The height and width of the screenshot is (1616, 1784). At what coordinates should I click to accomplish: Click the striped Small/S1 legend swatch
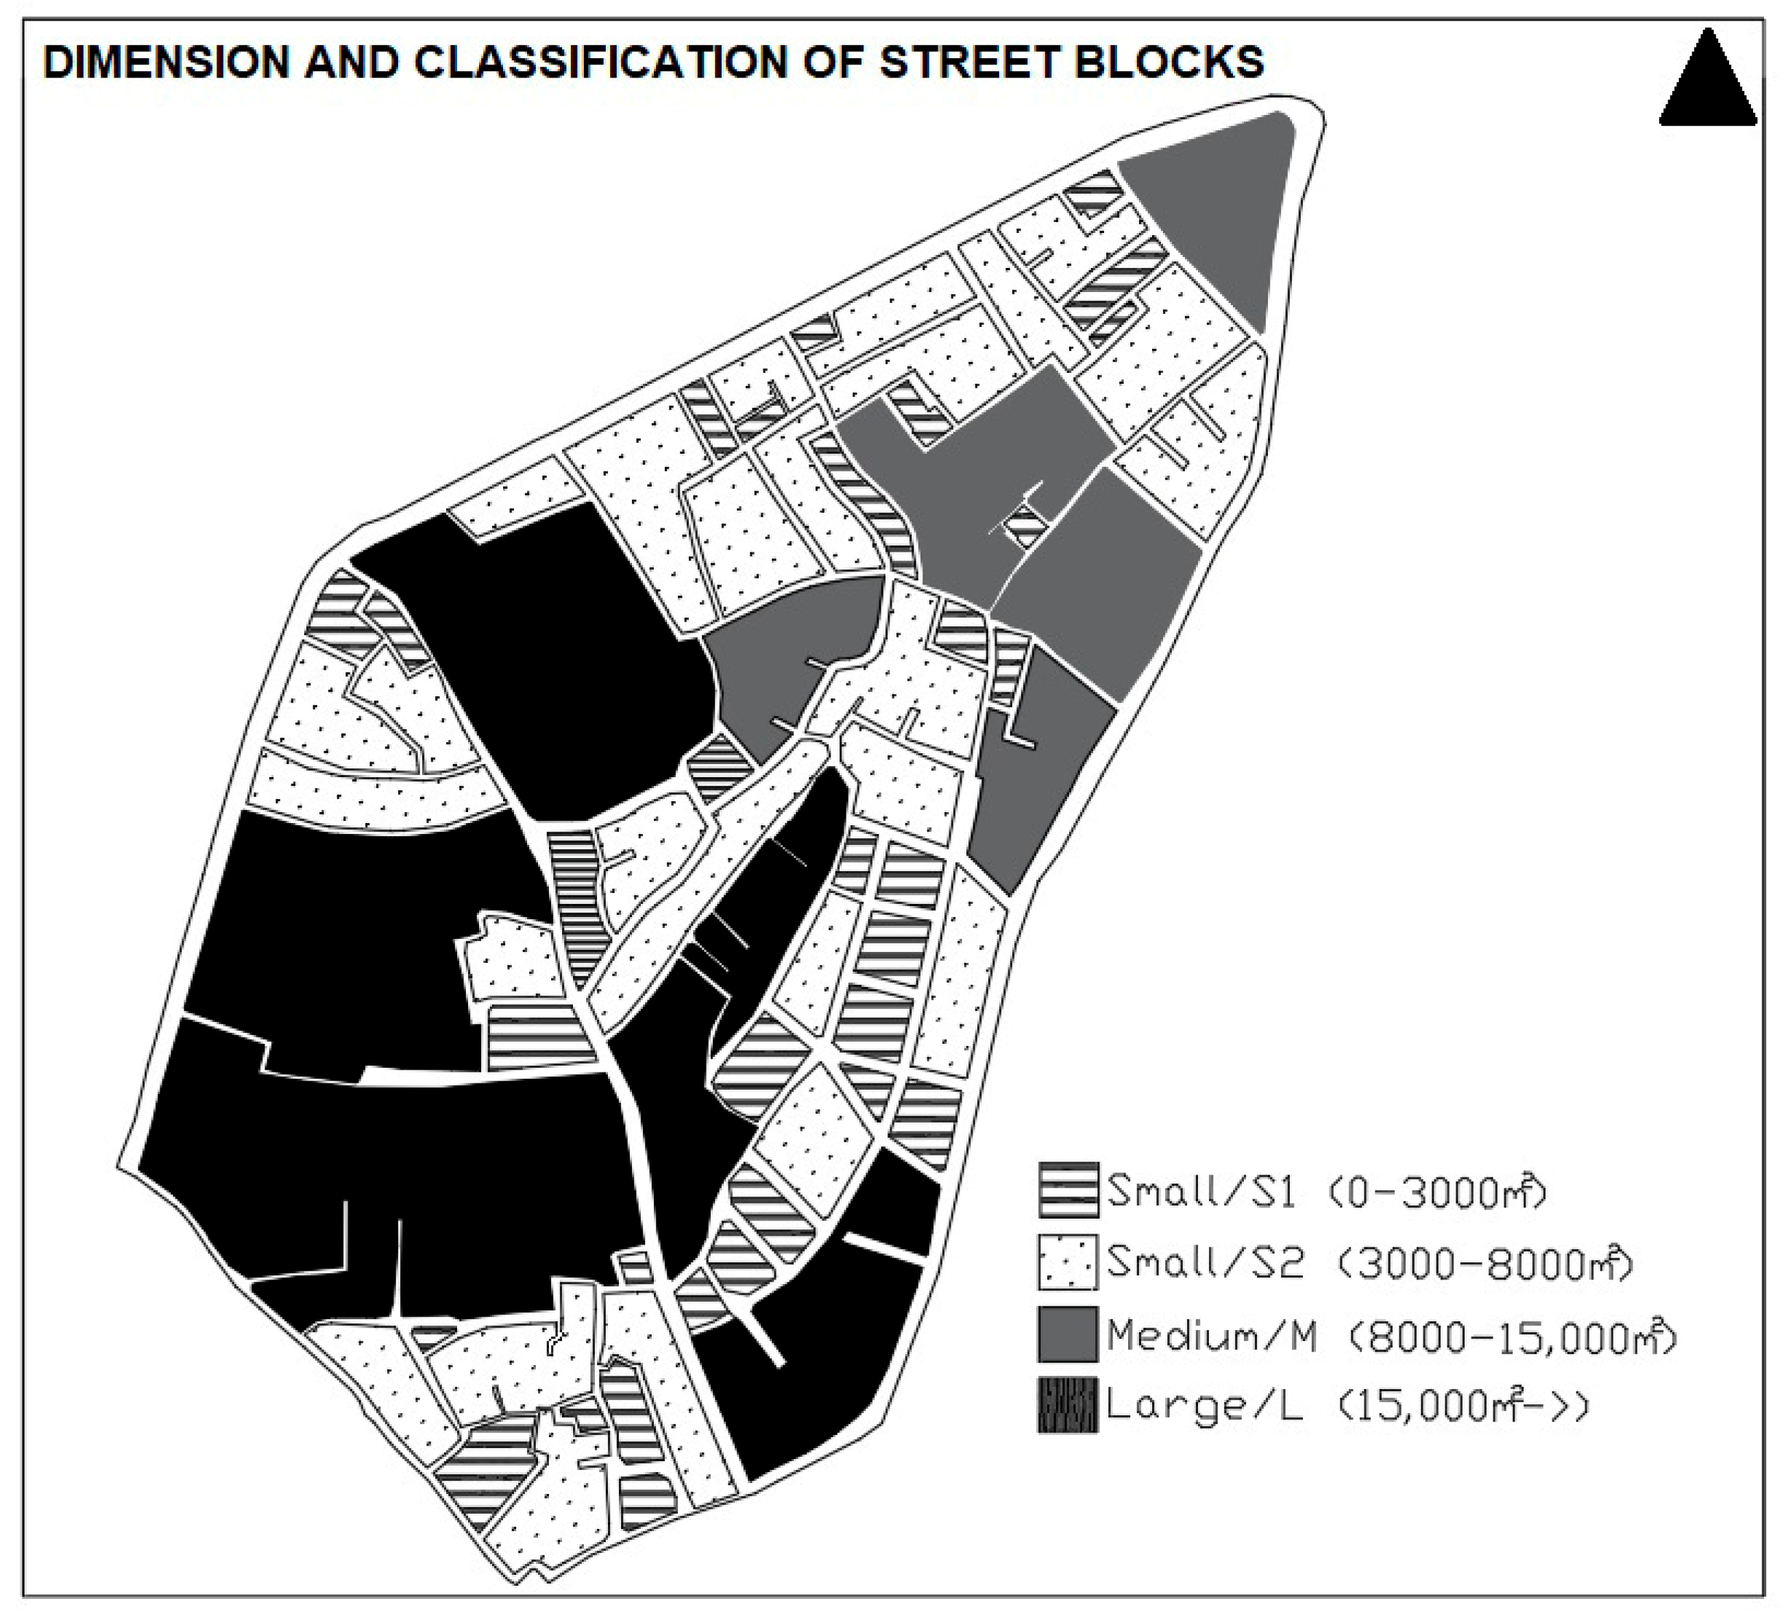click(x=1068, y=1190)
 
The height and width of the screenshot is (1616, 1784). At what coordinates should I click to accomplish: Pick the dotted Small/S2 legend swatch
click(x=1068, y=1263)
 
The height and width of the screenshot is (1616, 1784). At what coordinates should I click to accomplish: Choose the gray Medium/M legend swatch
click(x=1068, y=1334)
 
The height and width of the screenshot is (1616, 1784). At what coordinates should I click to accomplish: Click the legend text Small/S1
click(x=1201, y=1191)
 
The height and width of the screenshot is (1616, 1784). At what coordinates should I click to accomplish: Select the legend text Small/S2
click(x=1204, y=1263)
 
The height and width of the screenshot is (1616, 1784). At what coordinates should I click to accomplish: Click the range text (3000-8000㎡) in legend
click(x=1484, y=1263)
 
